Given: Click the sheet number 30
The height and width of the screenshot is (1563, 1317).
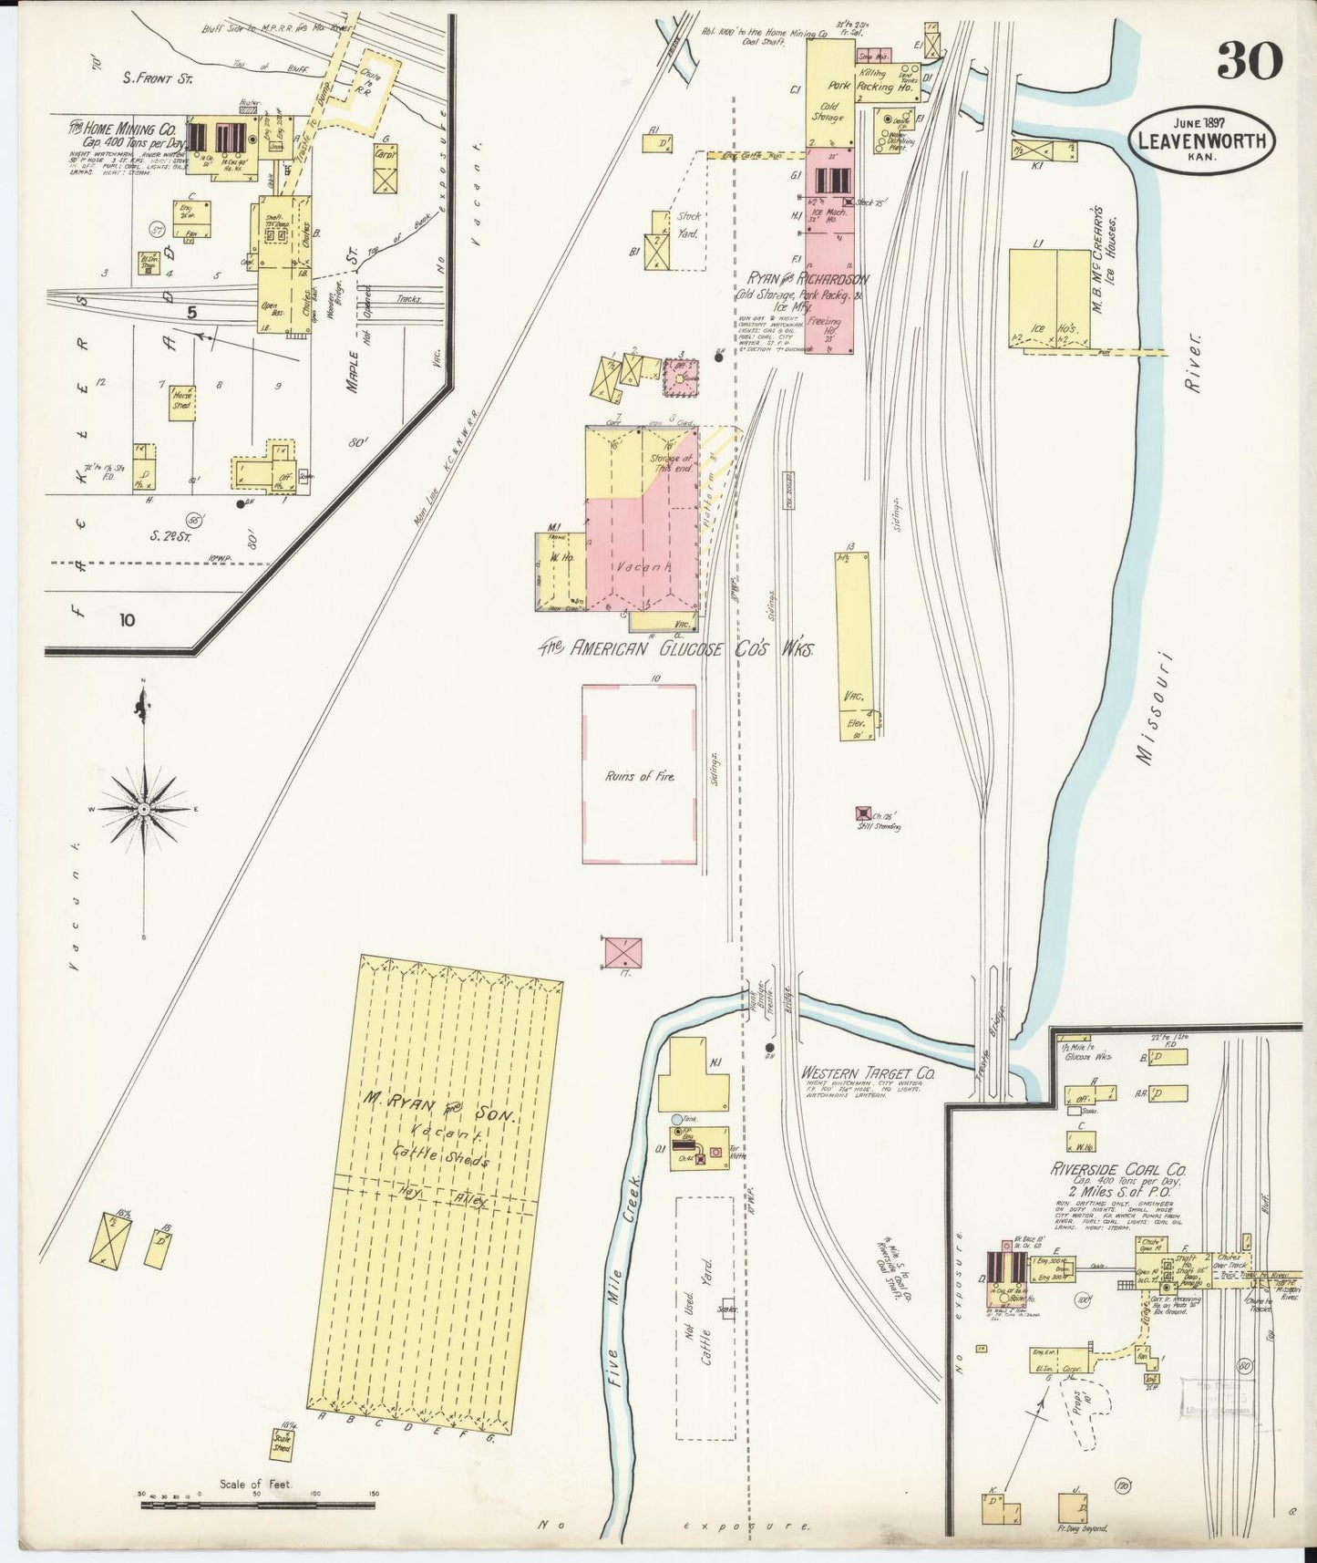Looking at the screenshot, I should [x=1249, y=59].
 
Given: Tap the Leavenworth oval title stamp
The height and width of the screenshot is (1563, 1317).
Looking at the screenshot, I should [x=1201, y=140].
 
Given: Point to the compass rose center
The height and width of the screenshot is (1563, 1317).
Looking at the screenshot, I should [x=144, y=809].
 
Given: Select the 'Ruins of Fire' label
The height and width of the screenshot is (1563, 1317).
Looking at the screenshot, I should [x=639, y=776].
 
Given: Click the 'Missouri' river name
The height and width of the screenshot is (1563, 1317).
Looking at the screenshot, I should [x=1153, y=707].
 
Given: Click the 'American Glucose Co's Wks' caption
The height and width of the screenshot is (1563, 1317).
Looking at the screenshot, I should [x=674, y=648].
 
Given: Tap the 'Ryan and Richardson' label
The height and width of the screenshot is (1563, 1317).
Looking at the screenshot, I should [x=808, y=279].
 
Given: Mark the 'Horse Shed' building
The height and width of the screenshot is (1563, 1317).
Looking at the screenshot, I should [x=182, y=401].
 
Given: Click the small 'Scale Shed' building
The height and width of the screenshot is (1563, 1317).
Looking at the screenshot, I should [x=283, y=1442].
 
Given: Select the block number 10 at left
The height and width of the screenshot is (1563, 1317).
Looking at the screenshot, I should [x=126, y=620].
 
